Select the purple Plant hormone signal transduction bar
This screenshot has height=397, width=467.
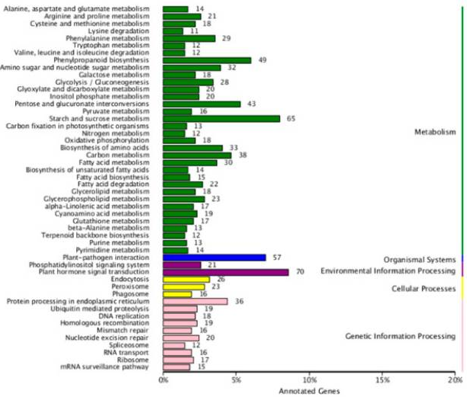[x=226, y=272]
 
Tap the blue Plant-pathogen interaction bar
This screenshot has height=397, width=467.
[x=214, y=258]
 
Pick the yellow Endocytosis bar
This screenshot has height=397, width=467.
[x=186, y=280]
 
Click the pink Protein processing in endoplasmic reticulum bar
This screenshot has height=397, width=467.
[x=195, y=301]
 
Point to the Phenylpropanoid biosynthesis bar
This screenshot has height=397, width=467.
[x=207, y=60]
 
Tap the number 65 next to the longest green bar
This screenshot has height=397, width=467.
[x=291, y=118]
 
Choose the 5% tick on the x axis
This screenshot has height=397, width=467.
[x=237, y=379]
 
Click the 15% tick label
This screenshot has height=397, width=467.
[x=383, y=379]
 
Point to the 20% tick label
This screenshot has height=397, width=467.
[x=456, y=379]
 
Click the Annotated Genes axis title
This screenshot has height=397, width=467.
[x=309, y=390]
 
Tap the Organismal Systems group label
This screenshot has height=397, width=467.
[x=419, y=260]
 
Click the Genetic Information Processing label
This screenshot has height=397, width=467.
[x=401, y=336]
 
